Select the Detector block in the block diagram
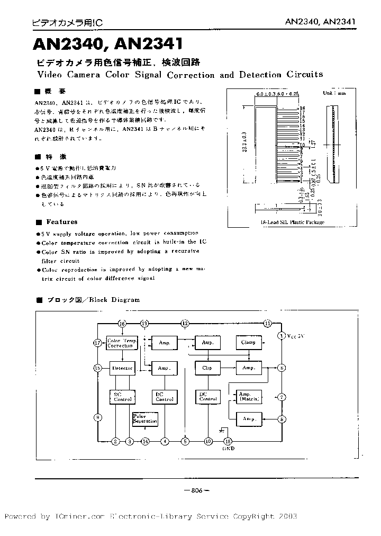122,368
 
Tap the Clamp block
248,342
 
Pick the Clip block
206,368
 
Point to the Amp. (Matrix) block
245,396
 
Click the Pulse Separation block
146,419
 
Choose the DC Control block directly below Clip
207,396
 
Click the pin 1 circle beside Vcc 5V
282,335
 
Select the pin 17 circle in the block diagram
97,343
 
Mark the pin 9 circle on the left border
97,417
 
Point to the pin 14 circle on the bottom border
145,441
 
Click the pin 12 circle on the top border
185,323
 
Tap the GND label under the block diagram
229,449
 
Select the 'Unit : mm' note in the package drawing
334,93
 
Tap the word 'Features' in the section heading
61,222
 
